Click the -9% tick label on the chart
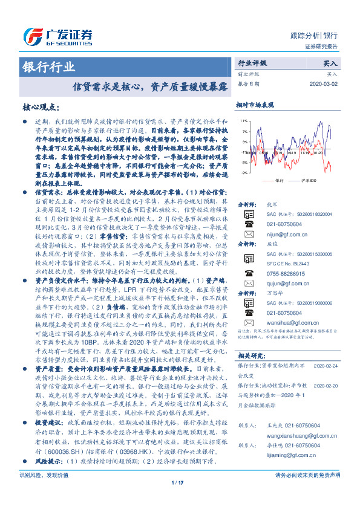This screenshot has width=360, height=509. (x=243, y=173)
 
